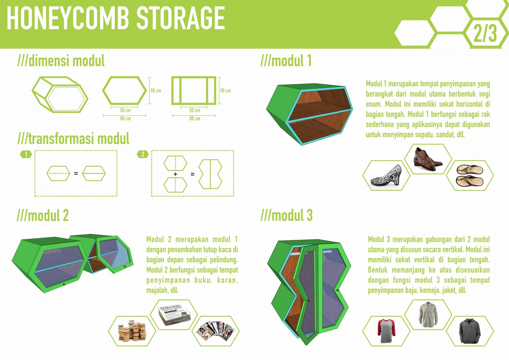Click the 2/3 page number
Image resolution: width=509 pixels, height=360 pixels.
point(485,33)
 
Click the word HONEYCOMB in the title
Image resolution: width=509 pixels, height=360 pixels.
point(68,19)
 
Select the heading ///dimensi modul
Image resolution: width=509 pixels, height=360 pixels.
point(61,61)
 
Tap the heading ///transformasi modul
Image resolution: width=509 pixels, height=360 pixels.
point(73,139)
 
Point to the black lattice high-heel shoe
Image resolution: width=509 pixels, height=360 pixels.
point(386,175)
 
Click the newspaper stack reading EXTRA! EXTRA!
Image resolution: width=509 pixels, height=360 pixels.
point(174,315)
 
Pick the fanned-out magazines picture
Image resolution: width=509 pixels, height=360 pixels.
point(216,331)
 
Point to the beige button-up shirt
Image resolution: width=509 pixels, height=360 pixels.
point(428,314)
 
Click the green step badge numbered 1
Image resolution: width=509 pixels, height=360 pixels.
point(26,154)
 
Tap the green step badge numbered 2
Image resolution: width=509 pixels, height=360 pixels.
point(143,154)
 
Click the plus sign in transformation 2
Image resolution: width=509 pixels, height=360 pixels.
point(175,174)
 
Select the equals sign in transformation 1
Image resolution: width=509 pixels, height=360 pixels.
point(76,173)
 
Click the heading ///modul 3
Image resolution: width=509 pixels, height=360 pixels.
point(287,215)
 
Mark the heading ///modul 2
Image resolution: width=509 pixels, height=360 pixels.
point(43,215)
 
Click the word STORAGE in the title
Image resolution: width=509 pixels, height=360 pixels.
point(181,19)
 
